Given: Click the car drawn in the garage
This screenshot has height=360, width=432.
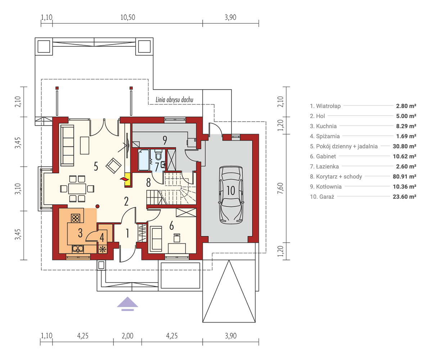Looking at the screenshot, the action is (x=231, y=195).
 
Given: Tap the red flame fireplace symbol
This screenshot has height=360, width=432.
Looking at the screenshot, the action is (x=124, y=179).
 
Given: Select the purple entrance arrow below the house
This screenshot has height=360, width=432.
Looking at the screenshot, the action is (x=127, y=304).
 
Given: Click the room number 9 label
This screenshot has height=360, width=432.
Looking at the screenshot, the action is (x=165, y=140).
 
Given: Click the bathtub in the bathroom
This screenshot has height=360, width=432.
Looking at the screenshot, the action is (x=144, y=160).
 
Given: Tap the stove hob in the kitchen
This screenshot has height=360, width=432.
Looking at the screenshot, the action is (x=76, y=218).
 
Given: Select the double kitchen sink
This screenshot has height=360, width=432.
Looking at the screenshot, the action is (x=78, y=249).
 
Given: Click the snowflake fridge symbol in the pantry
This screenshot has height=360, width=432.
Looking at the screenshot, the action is (x=102, y=249).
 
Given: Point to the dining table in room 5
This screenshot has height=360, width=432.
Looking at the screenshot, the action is (x=77, y=189).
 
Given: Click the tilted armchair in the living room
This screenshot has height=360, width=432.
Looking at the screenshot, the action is (x=113, y=166).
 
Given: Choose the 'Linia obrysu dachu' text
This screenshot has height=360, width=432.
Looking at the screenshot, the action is (x=174, y=100).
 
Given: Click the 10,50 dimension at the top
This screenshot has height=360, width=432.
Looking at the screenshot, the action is (x=128, y=17).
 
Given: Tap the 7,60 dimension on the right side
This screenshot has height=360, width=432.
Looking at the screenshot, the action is (x=280, y=188).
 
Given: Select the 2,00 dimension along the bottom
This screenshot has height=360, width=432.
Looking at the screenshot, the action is (x=127, y=336).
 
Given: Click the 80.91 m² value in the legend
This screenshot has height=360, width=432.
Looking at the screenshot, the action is (x=405, y=176).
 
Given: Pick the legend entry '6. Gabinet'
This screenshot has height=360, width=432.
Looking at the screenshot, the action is (x=323, y=156).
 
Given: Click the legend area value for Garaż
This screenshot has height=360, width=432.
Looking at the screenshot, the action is (x=405, y=197).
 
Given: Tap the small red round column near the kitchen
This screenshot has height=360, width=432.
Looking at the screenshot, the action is (x=98, y=206).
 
